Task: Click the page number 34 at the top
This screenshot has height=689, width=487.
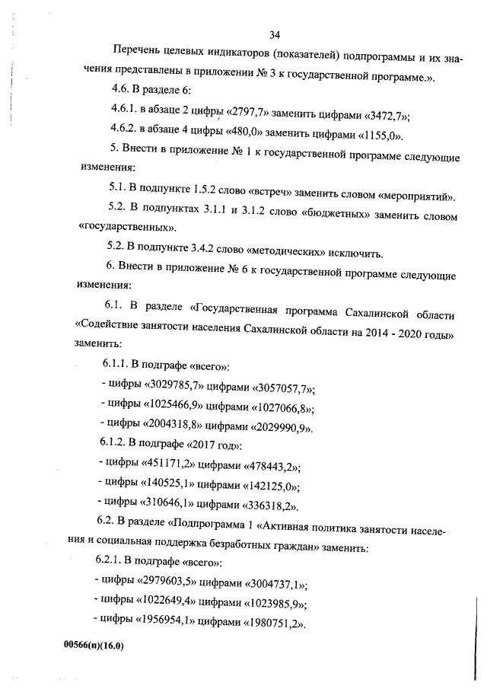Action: coord(275,33)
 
